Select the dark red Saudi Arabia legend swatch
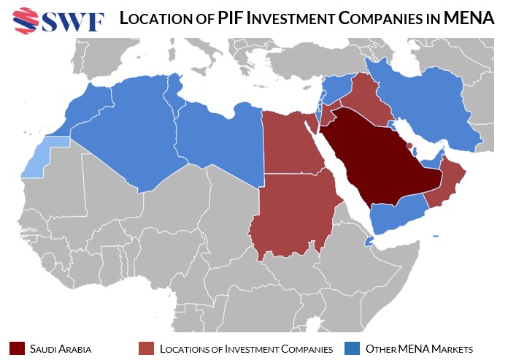point(17,348)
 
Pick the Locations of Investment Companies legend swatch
point(146,348)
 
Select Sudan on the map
point(292,215)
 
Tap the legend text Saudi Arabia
point(61,348)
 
